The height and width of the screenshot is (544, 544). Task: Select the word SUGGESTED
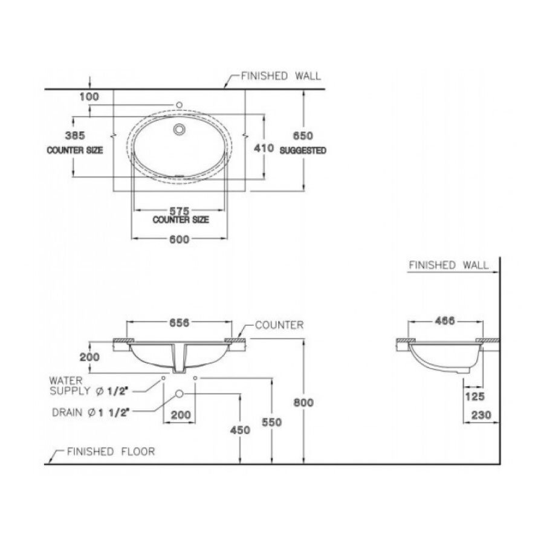tap(303, 151)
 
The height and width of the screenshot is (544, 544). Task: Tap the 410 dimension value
tap(265, 147)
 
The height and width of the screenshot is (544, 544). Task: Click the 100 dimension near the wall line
tap(88, 97)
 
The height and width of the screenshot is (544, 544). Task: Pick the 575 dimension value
tap(180, 211)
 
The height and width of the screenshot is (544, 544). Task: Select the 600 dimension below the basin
tap(180, 239)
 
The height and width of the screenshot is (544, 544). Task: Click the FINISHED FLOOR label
tap(111, 452)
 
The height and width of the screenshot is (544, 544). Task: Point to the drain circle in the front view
tap(180, 394)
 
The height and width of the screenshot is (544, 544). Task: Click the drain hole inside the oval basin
tap(179, 129)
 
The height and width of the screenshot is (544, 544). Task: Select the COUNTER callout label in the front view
tap(279, 325)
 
